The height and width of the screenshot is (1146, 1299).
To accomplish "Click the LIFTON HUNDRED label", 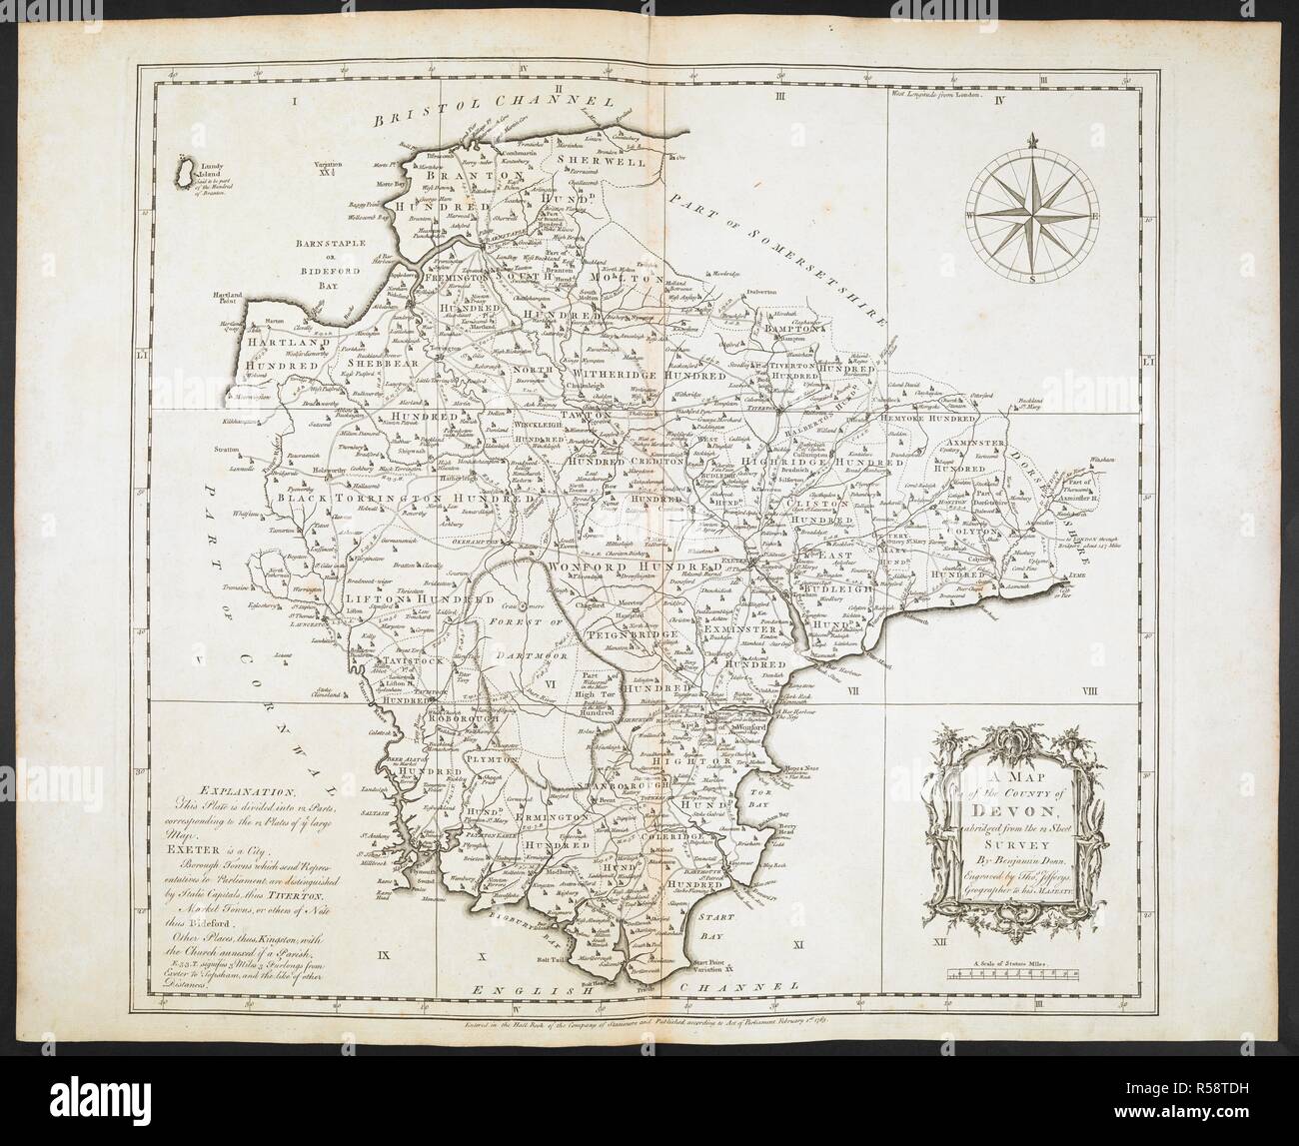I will [411, 598].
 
